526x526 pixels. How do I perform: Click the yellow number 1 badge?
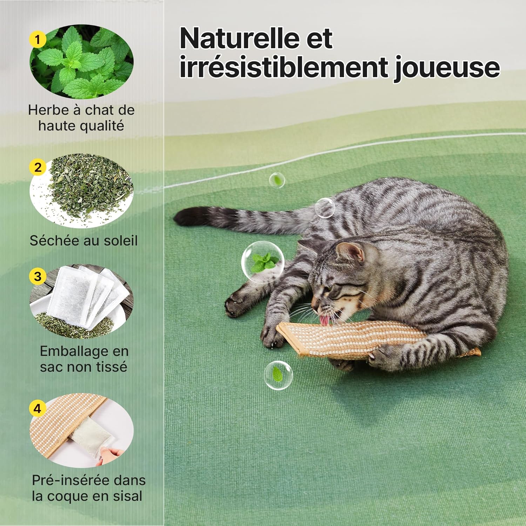tap(38, 39)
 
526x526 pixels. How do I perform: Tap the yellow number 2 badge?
tap(38, 167)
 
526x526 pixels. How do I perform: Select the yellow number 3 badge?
tap(38, 276)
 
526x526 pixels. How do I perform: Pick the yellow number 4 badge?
tap(38, 409)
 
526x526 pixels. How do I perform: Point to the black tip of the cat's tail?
tap(186, 216)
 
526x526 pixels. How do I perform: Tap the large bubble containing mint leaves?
tap(262, 261)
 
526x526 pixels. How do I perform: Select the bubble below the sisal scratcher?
tap(278, 375)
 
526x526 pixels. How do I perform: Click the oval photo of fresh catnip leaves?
tap(81, 61)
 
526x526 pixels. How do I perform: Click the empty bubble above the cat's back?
tap(325, 208)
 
